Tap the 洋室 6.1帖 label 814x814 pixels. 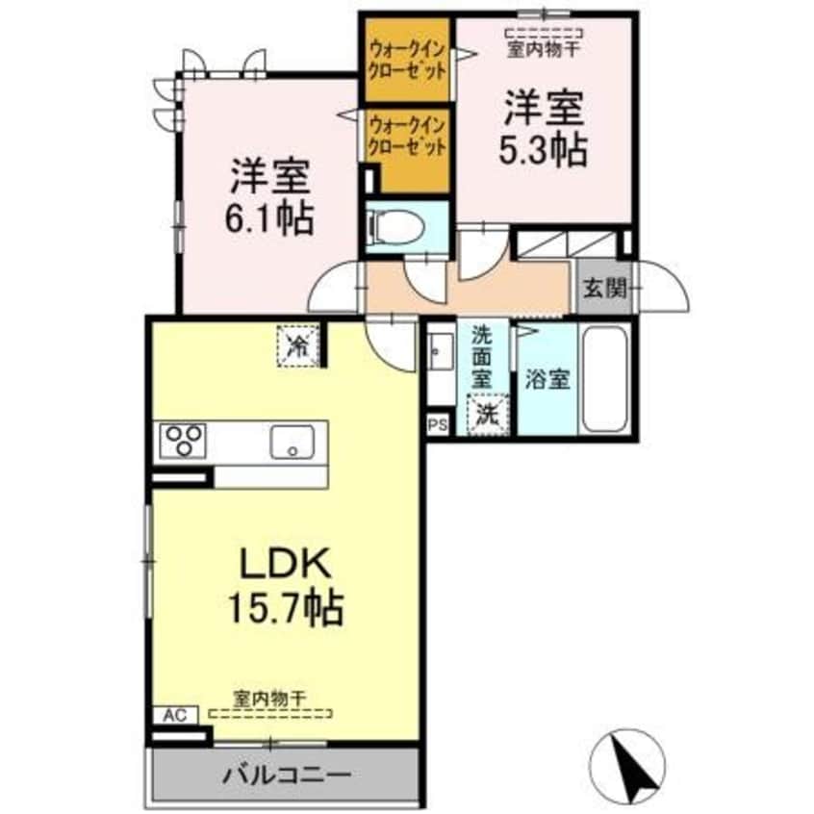270,197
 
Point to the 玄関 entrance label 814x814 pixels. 603,286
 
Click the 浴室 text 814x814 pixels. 547,379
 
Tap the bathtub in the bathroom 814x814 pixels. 605,379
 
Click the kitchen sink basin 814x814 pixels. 290,444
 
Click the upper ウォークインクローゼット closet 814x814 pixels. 407,60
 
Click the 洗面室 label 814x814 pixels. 481,356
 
